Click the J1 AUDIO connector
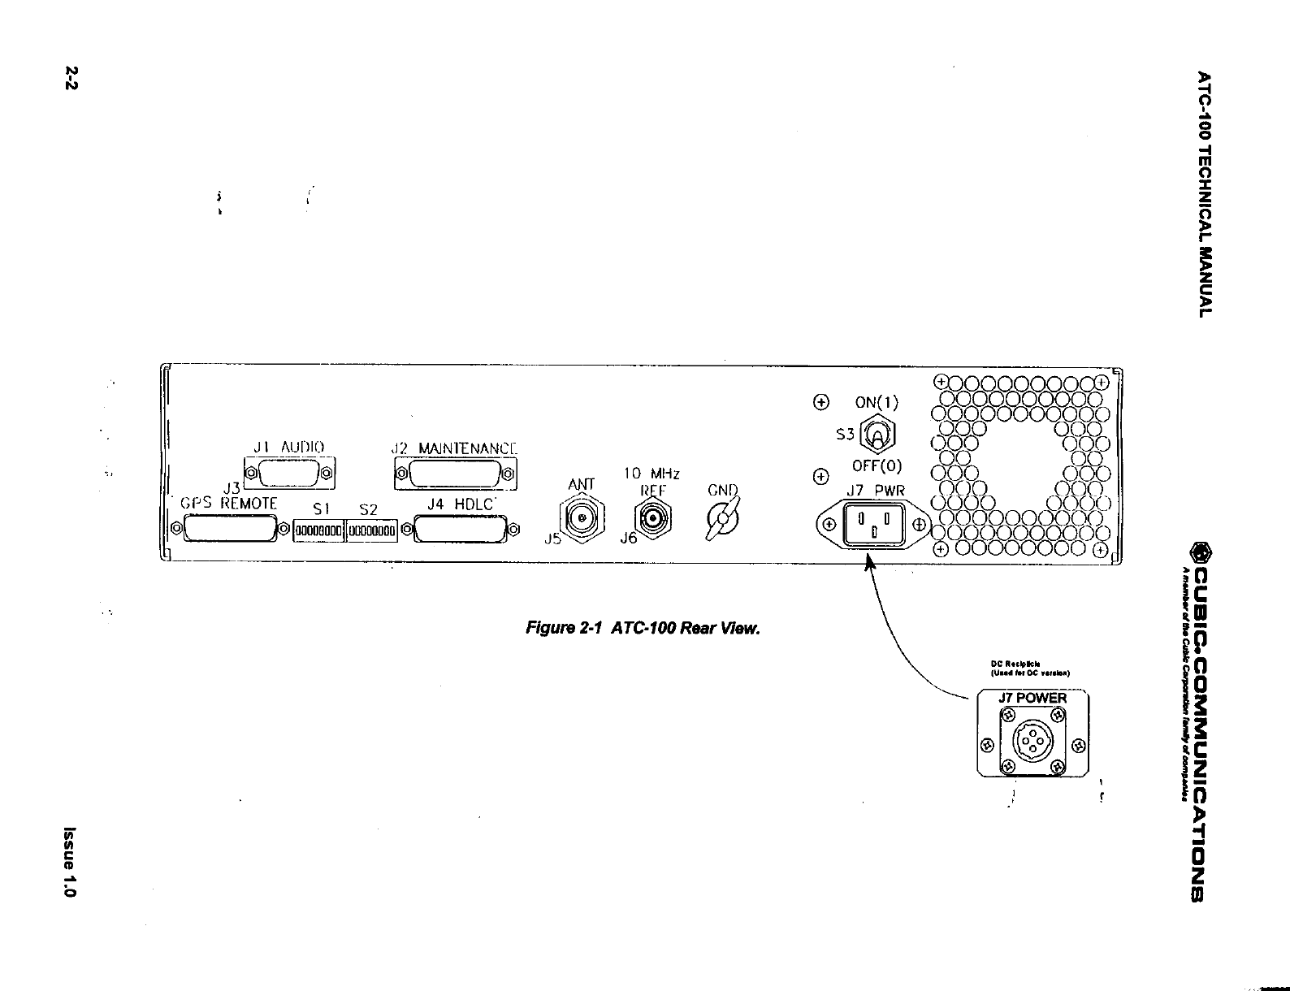[x=289, y=473]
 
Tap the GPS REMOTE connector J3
[x=230, y=530]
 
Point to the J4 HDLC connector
[x=461, y=531]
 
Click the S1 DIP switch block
[x=319, y=531]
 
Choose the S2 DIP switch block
[x=372, y=531]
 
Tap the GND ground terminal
[x=721, y=519]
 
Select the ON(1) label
[x=877, y=402]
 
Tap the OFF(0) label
[x=877, y=466]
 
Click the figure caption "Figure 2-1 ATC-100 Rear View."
[x=643, y=628]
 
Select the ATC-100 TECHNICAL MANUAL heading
[x=1206, y=194]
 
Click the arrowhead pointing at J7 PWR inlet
[x=869, y=560]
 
